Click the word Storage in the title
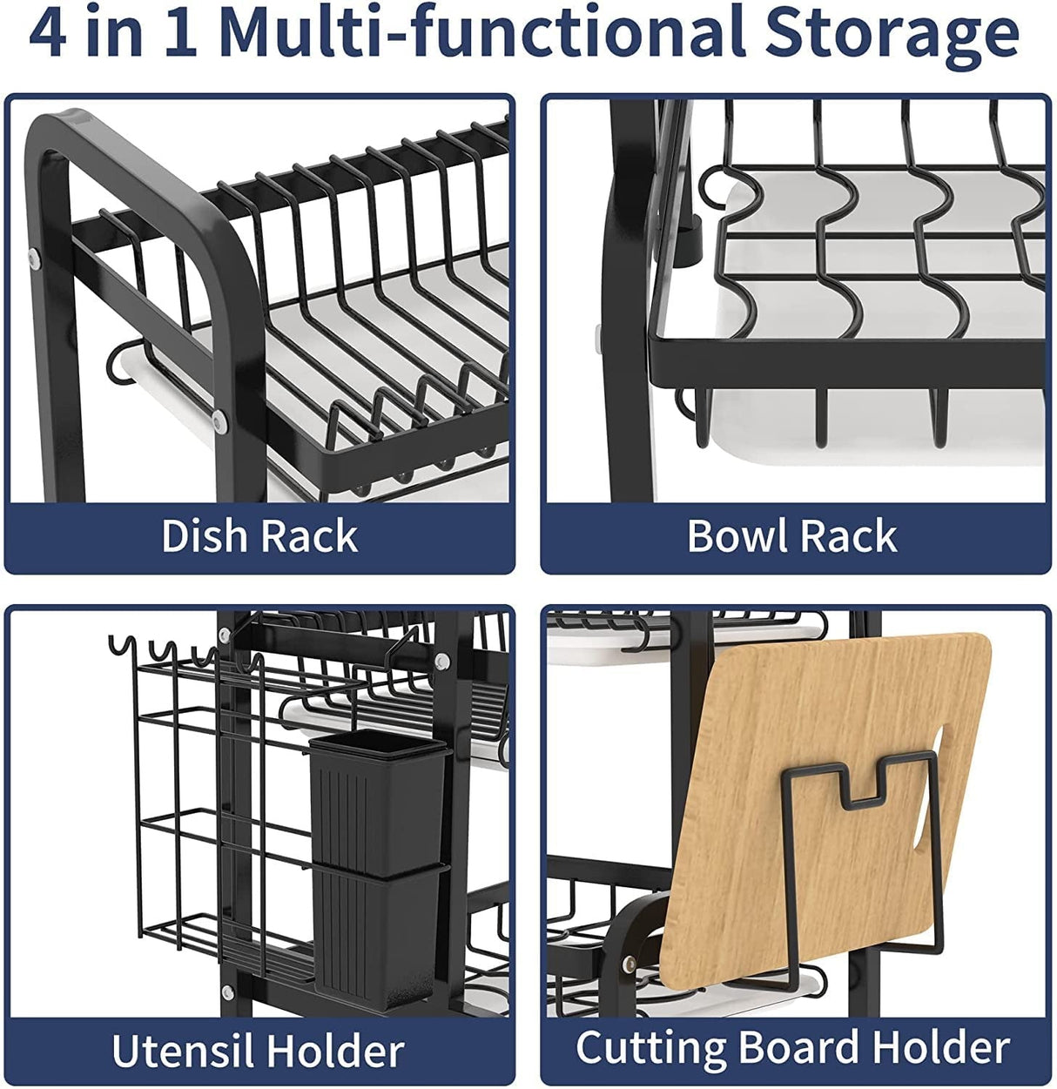pos(892,33)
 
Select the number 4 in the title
pos(47,33)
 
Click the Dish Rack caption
pos(259,536)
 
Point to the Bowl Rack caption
pos(791,536)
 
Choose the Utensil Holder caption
pos(259,1051)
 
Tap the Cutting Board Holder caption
pos(792,1047)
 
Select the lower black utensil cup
pos(376,931)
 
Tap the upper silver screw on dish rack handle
pos(34,257)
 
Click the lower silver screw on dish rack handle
pos(219,422)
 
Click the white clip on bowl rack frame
pos(597,339)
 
